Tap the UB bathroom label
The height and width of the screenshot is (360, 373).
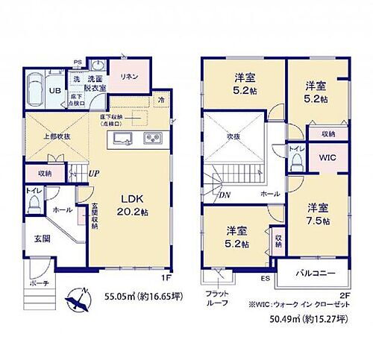click(x=34, y=90)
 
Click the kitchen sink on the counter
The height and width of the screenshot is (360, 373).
click(x=125, y=139)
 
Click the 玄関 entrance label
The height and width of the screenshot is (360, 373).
click(x=41, y=239)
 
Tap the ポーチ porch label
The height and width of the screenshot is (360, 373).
click(x=40, y=283)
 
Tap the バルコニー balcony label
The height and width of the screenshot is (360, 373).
click(x=312, y=274)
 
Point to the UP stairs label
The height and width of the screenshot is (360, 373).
click(x=94, y=173)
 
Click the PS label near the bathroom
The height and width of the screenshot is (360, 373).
click(x=78, y=62)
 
